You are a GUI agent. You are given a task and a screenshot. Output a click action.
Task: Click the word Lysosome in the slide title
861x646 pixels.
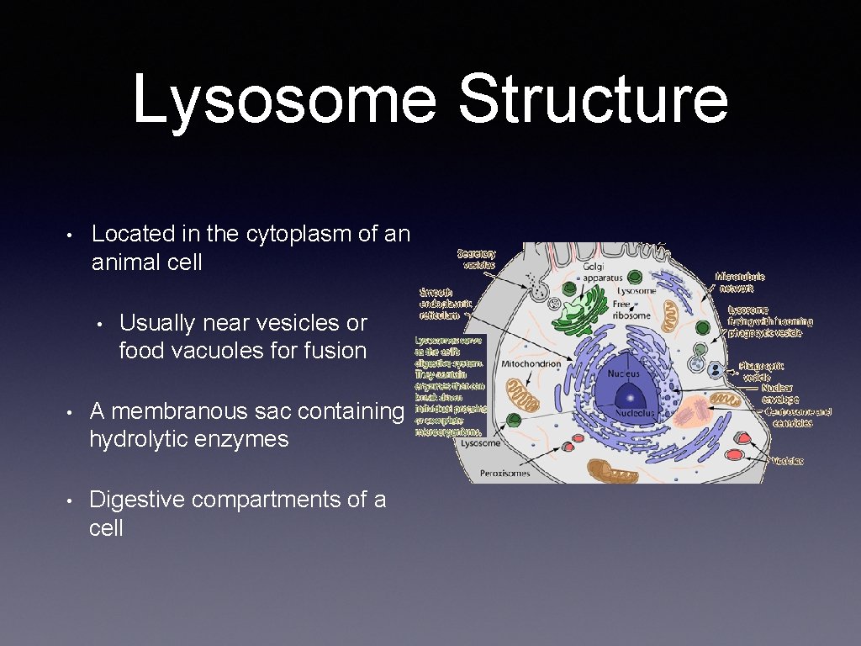tap(284, 99)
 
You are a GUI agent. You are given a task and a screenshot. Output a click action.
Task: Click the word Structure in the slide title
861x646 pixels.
tap(593, 99)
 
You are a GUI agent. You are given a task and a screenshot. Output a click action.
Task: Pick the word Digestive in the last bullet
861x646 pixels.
tap(137, 500)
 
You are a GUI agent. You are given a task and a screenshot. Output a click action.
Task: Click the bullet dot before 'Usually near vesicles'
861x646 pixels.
tap(98, 324)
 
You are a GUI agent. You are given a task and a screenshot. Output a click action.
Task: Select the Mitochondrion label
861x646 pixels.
tap(531, 364)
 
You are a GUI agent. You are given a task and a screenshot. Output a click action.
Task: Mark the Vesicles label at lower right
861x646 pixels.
tap(788, 461)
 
